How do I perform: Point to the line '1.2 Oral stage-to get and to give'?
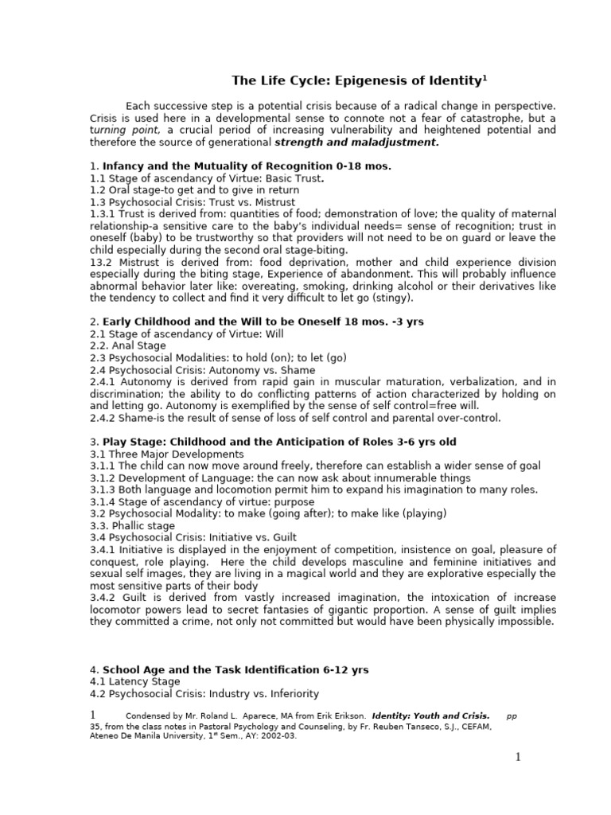pos(194,190)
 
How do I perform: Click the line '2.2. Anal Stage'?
pos(128,345)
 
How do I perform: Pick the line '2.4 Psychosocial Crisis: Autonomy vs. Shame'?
pos(202,370)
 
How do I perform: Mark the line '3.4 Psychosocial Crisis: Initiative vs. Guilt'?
pos(193,537)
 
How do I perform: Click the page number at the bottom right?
pos(517,757)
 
